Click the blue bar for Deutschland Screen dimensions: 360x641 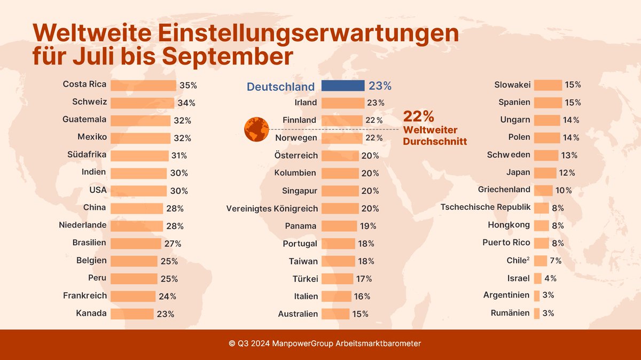point(342,85)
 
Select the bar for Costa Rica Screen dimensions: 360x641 point(143,85)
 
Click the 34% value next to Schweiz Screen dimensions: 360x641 point(186,103)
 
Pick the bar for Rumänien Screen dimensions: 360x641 point(536,314)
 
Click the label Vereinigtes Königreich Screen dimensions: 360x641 point(272,208)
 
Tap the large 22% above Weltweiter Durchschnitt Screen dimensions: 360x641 point(418,116)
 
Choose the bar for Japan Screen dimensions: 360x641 point(545,173)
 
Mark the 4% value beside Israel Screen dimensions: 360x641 point(550,278)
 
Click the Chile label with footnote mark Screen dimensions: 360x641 point(518,261)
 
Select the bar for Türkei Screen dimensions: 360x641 point(337,279)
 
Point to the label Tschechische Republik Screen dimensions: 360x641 point(486,207)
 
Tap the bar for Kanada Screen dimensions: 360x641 point(132,314)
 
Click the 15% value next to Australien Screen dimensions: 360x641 point(360,314)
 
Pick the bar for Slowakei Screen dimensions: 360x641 point(548,85)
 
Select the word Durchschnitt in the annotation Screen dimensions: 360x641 point(435,142)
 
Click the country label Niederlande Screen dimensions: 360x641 point(82,225)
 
